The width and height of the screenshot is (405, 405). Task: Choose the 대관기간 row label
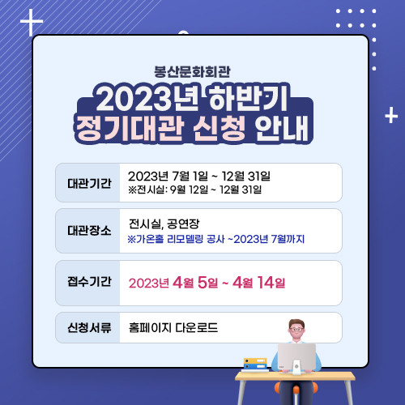click(89, 183)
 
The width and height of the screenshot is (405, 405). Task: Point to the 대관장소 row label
click(89, 230)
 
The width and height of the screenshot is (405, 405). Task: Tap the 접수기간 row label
click(89, 283)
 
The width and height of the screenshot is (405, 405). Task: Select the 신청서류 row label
click(89, 329)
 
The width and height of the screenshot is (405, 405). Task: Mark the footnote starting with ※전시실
click(194, 190)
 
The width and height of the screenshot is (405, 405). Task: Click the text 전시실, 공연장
click(164, 224)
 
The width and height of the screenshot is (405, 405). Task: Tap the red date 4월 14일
click(259, 283)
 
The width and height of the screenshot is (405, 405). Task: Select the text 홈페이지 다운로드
click(179, 329)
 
